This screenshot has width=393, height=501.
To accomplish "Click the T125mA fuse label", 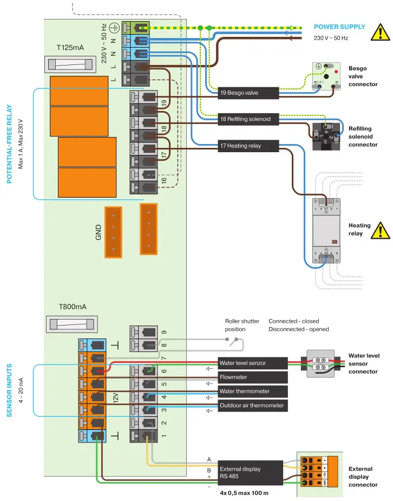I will click(x=70, y=48).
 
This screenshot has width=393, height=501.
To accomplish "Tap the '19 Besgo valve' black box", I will click(x=248, y=93).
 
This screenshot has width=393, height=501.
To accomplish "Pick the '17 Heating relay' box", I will click(x=248, y=145).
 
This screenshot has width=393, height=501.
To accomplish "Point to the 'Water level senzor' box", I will click(x=252, y=363).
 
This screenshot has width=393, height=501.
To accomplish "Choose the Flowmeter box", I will click(x=252, y=377).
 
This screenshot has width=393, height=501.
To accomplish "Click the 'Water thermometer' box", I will click(x=252, y=391).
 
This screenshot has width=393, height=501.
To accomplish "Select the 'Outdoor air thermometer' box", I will click(x=252, y=405).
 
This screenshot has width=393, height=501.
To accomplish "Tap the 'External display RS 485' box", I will click(x=250, y=472).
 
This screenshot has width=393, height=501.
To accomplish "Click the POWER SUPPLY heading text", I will click(x=339, y=27).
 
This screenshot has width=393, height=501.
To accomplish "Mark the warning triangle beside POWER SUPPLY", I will click(x=380, y=32).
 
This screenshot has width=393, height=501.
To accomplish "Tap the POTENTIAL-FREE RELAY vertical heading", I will click(x=10, y=144).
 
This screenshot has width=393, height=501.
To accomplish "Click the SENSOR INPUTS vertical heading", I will click(x=10, y=390).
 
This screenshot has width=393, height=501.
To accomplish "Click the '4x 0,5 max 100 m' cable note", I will click(x=244, y=493).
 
